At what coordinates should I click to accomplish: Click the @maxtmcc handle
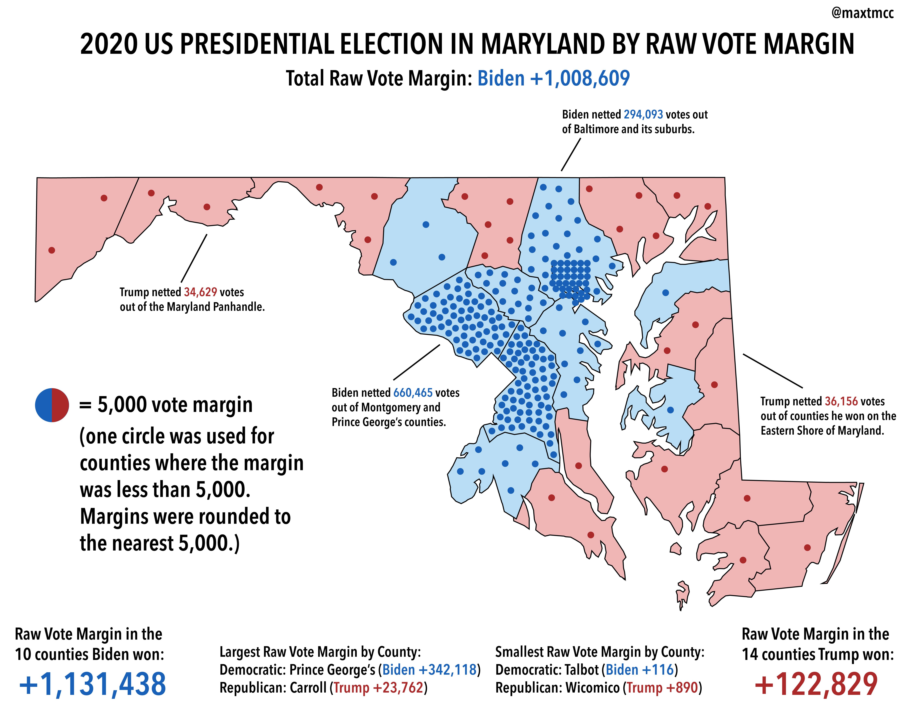(862, 14)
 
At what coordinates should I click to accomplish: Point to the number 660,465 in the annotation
(413, 393)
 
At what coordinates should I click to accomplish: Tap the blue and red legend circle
(52, 404)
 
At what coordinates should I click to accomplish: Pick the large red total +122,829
(816, 684)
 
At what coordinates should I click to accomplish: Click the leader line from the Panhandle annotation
(194, 259)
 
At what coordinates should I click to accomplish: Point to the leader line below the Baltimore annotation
(571, 155)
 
